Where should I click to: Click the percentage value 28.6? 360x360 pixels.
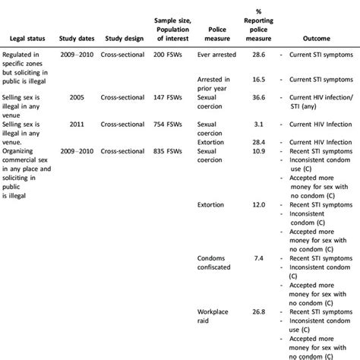click(x=259, y=55)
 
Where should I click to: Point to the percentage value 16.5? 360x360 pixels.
click(x=259, y=79)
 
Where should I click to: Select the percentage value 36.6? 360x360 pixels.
click(x=259, y=98)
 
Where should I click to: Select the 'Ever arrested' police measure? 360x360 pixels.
click(x=216, y=55)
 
